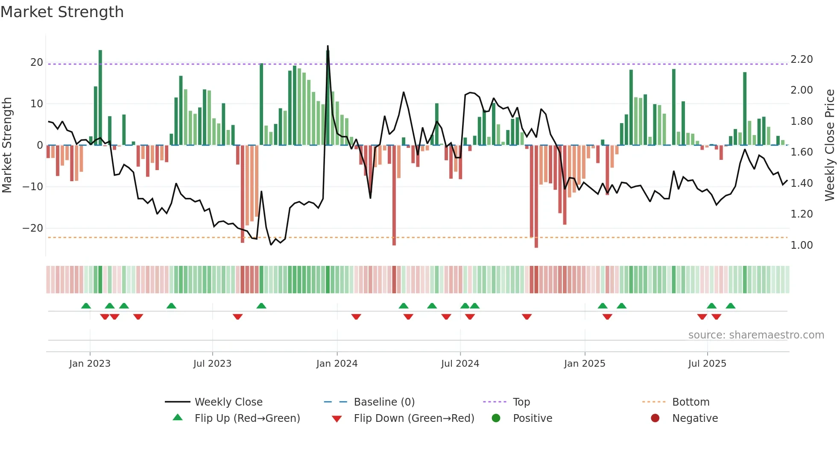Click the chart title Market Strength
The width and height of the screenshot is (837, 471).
click(x=62, y=12)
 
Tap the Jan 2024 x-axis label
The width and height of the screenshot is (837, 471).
click(x=337, y=364)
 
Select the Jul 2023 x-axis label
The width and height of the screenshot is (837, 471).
click(x=212, y=364)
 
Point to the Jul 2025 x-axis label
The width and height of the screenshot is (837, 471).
click(x=707, y=364)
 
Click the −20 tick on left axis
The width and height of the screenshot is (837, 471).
click(x=33, y=228)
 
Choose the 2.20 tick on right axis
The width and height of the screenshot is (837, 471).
click(x=802, y=59)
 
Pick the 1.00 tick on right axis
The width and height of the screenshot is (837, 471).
click(x=802, y=245)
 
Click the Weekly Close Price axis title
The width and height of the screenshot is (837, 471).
click(x=829, y=145)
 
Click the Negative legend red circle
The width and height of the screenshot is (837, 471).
click(x=655, y=418)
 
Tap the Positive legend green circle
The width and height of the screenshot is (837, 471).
click(x=496, y=418)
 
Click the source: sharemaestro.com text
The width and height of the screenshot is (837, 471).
click(x=756, y=335)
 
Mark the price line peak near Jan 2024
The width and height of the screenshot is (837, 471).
click(x=328, y=46)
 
